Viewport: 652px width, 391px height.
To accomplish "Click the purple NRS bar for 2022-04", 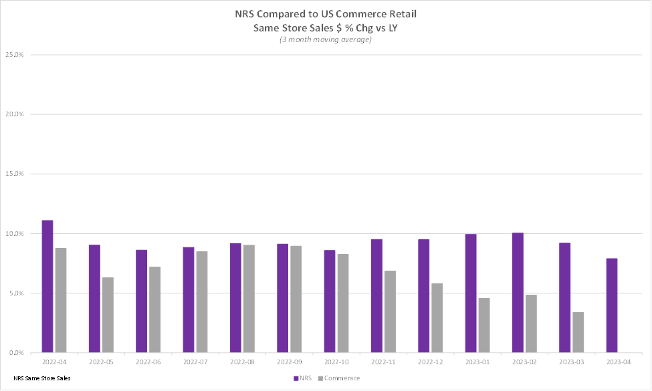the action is (x=47, y=286).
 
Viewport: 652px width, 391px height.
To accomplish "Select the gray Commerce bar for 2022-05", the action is (x=108, y=315).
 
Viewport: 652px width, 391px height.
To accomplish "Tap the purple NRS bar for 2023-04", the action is (x=612, y=305).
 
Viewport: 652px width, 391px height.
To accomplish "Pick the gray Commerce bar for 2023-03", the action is (x=578, y=332).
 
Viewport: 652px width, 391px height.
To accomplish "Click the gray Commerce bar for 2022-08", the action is (x=249, y=299).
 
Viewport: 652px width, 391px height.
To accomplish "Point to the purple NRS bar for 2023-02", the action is (x=518, y=293).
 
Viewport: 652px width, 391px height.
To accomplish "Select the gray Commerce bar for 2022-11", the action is (x=390, y=311).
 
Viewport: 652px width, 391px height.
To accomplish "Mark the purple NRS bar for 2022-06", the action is (x=141, y=301).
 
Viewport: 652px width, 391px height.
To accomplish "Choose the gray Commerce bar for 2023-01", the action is (x=484, y=325).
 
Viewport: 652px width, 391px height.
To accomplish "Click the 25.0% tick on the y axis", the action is (x=15, y=54).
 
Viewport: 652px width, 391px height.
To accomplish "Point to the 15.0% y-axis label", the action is (x=15, y=174).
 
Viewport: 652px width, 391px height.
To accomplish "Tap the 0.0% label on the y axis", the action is (x=16, y=353).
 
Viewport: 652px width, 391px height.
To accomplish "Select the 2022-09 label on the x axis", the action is (x=290, y=362).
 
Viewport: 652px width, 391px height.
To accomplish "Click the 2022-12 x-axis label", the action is (x=431, y=362).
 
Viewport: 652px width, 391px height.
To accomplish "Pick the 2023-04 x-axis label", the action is (x=619, y=362).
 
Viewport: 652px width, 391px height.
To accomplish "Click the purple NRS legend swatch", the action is (x=296, y=378).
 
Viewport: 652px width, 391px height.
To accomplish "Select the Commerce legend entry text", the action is (x=342, y=378).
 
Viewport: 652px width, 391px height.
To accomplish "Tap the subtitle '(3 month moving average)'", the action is (x=326, y=39).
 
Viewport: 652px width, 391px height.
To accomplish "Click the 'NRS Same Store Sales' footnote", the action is (x=42, y=378).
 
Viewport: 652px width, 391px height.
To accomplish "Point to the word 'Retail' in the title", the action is (x=403, y=14).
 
